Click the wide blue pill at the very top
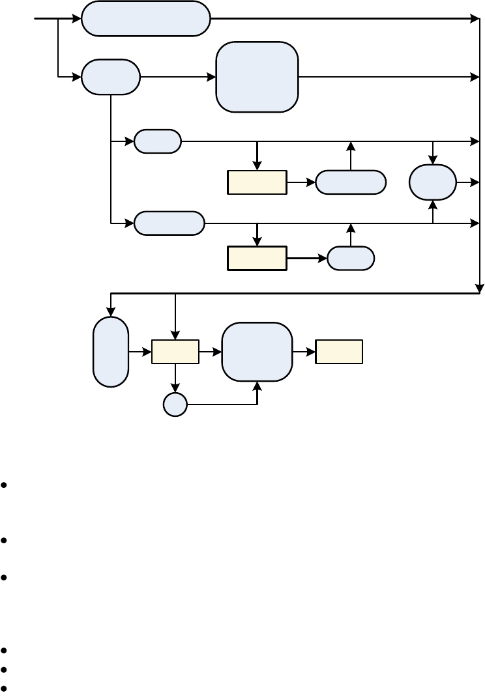[x=146, y=18]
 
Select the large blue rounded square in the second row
[x=257, y=77]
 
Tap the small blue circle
[x=175, y=405]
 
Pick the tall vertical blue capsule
[x=111, y=352]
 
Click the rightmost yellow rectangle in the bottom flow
[x=339, y=352]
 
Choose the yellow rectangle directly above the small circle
[x=175, y=352]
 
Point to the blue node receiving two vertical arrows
[x=433, y=182]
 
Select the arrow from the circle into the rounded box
[x=222, y=405]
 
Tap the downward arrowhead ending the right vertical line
[x=480, y=289]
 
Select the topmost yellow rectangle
[x=257, y=182]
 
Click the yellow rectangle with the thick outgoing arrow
[x=257, y=258]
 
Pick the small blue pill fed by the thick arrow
[x=351, y=258]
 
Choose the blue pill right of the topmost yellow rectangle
[x=351, y=182]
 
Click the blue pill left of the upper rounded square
[x=111, y=77]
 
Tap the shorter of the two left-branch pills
[x=158, y=141]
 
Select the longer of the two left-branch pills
[x=169, y=223]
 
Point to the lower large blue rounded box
[x=257, y=352]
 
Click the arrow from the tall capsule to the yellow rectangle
[x=140, y=352]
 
